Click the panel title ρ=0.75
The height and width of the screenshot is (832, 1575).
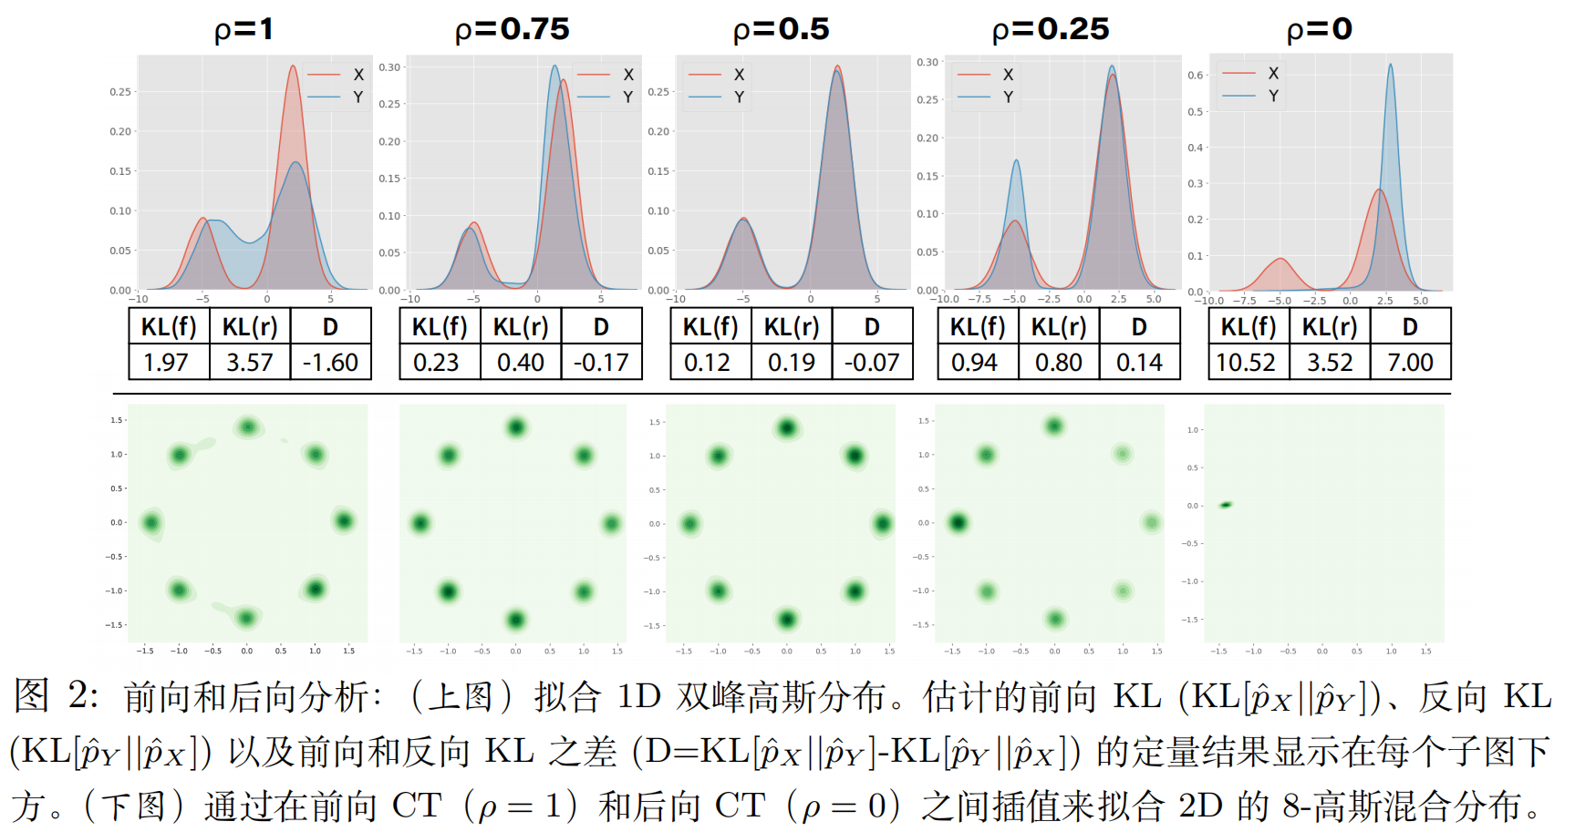pos(512,29)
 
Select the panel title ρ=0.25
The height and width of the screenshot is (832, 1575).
pos(1051,29)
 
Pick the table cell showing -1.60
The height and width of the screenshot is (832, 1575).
pos(330,363)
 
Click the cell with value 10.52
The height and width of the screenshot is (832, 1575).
pos(1246,363)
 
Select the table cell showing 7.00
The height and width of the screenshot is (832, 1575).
pos(1410,363)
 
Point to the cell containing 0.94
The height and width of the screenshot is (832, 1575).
pos(975,363)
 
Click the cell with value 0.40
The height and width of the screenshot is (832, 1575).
pos(521,363)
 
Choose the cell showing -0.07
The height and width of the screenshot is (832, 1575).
pos(872,363)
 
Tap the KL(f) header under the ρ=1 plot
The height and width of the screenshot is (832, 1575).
pos(169,327)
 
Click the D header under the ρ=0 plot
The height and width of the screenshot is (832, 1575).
pos(1410,327)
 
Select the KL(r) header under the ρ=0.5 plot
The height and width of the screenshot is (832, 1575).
pos(792,327)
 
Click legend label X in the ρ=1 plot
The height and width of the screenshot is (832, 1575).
pos(358,75)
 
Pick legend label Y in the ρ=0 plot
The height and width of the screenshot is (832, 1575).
pos(1273,96)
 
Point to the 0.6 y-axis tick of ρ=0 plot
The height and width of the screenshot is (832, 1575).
pos(1196,75)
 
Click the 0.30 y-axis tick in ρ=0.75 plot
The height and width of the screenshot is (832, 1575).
pos(389,67)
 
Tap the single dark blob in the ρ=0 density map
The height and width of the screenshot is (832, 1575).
pos(1226,505)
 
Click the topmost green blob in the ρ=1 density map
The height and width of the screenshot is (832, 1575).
pos(247,426)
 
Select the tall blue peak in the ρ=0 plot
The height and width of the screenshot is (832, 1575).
pos(1390,68)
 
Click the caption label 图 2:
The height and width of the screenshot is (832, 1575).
pos(55,697)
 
